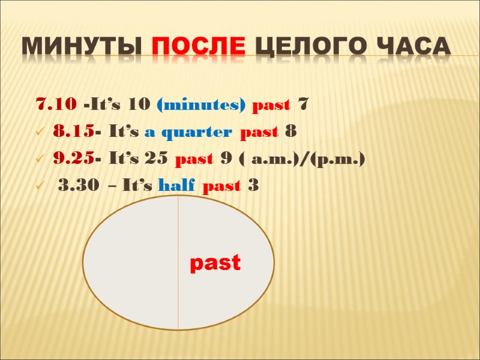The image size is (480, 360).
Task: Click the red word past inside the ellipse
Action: pos(215,263)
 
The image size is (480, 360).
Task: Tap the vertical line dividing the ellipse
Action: pos(178,264)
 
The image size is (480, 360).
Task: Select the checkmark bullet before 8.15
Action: pos(40,132)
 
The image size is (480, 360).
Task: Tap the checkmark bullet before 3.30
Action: pos(40,187)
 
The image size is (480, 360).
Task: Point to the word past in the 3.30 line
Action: pos(221,186)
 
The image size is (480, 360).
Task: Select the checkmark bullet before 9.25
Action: pos(40,160)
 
